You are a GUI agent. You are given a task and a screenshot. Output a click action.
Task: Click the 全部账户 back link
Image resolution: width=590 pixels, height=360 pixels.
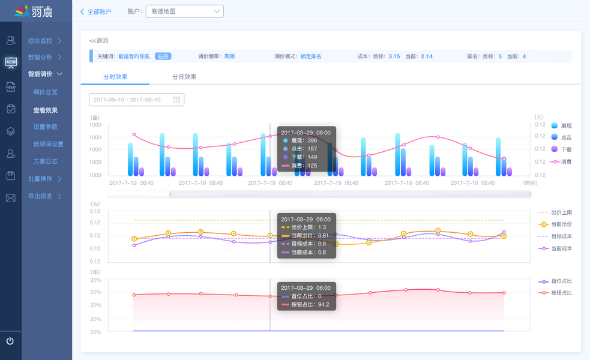96,11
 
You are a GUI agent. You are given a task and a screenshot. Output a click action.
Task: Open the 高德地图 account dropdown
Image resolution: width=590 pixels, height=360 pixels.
184,11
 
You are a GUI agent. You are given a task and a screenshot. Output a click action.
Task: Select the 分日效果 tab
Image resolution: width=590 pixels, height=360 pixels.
184,77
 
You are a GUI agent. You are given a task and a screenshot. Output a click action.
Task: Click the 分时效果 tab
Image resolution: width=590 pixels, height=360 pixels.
115,77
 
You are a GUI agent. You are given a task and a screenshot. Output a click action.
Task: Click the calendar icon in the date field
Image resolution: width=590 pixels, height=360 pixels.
176,100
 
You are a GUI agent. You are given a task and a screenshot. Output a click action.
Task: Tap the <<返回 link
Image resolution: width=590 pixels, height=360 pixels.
99,41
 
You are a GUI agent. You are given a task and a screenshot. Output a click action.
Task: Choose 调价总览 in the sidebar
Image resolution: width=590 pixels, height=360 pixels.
46,92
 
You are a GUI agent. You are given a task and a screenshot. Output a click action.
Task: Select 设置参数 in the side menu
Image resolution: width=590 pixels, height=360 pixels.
46,127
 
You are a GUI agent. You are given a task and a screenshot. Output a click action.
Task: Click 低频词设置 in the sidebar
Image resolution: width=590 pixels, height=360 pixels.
48,144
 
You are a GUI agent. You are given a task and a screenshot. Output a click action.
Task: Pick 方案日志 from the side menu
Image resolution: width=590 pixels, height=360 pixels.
46,161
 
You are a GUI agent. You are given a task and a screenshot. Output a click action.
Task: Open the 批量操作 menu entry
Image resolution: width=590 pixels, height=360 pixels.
44,179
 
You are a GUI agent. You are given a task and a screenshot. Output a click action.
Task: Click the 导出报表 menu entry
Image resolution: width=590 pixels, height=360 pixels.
44,196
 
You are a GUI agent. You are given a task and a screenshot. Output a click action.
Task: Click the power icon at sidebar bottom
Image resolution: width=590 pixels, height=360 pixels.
10,341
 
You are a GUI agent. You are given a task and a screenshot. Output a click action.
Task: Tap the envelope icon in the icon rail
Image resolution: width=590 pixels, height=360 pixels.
10,198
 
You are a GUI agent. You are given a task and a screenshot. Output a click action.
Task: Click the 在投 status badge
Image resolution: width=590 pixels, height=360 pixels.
163,56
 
